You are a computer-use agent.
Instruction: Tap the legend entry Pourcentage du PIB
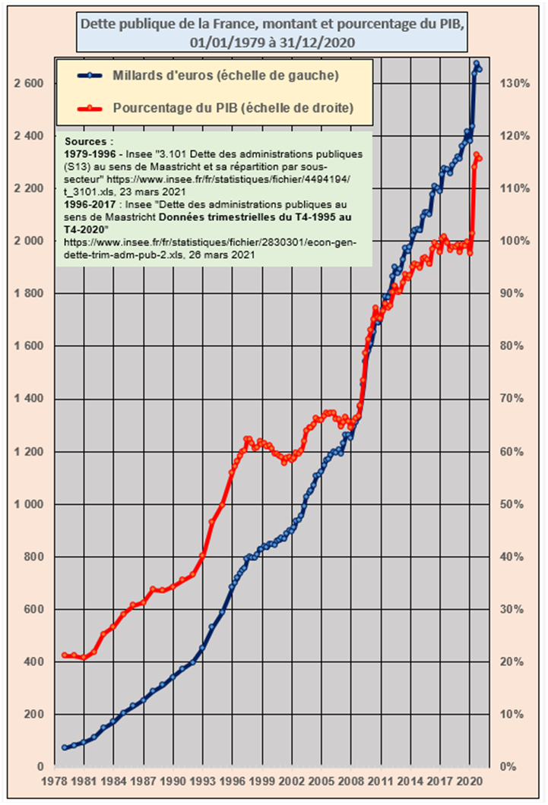233,108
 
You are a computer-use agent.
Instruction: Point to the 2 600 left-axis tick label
28,84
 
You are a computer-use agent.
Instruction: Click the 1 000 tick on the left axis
28,504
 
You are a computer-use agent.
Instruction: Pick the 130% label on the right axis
515,84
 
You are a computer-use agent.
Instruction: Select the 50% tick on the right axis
515,504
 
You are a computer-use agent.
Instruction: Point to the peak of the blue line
476,64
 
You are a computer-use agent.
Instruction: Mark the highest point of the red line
476,155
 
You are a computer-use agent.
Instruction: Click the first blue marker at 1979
65,747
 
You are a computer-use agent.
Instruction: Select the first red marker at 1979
65,655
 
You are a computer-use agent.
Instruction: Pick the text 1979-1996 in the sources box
90,153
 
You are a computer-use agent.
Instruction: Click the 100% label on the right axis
515,241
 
